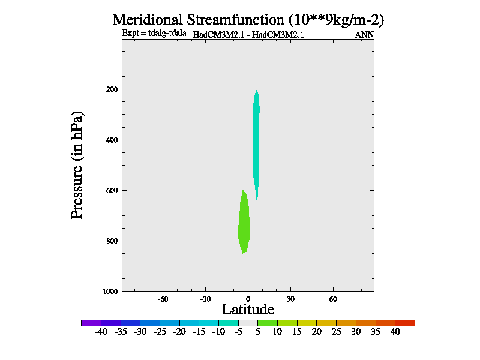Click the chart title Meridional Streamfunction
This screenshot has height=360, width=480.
(x=248, y=19)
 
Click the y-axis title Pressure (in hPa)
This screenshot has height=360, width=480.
(x=77, y=164)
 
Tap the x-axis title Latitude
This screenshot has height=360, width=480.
(x=248, y=310)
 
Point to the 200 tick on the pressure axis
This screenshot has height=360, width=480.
(x=112, y=89)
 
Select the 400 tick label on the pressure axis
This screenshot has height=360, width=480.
(x=112, y=140)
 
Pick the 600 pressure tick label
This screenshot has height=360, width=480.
(x=112, y=191)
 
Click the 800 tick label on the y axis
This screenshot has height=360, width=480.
(x=112, y=241)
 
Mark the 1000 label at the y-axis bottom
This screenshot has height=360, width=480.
(x=110, y=292)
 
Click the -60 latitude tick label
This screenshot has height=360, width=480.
(x=162, y=299)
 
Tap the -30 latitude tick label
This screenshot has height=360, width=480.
(x=205, y=299)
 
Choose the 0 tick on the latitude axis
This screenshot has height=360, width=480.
(x=248, y=299)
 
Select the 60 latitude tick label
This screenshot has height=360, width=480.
(x=333, y=299)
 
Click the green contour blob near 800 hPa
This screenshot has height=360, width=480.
(x=244, y=225)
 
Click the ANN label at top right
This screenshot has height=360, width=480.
(x=364, y=35)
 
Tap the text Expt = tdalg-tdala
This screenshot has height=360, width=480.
(x=154, y=33)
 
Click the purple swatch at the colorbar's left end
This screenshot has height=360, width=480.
(x=91, y=323)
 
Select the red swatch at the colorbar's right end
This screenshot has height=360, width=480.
(x=405, y=323)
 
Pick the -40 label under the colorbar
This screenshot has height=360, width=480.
(x=100, y=332)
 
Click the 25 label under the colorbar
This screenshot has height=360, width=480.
(x=336, y=332)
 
